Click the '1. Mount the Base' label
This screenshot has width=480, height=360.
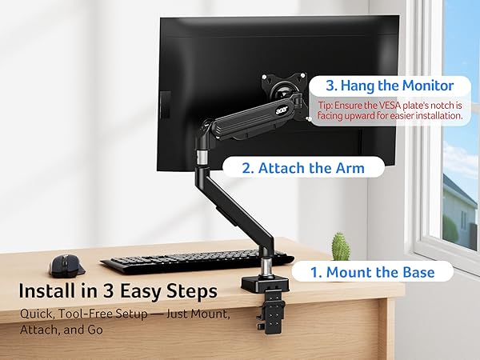click(x=372, y=273)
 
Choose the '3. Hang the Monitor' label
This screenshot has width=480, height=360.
click(x=390, y=86)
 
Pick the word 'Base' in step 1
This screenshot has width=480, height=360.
click(x=417, y=273)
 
